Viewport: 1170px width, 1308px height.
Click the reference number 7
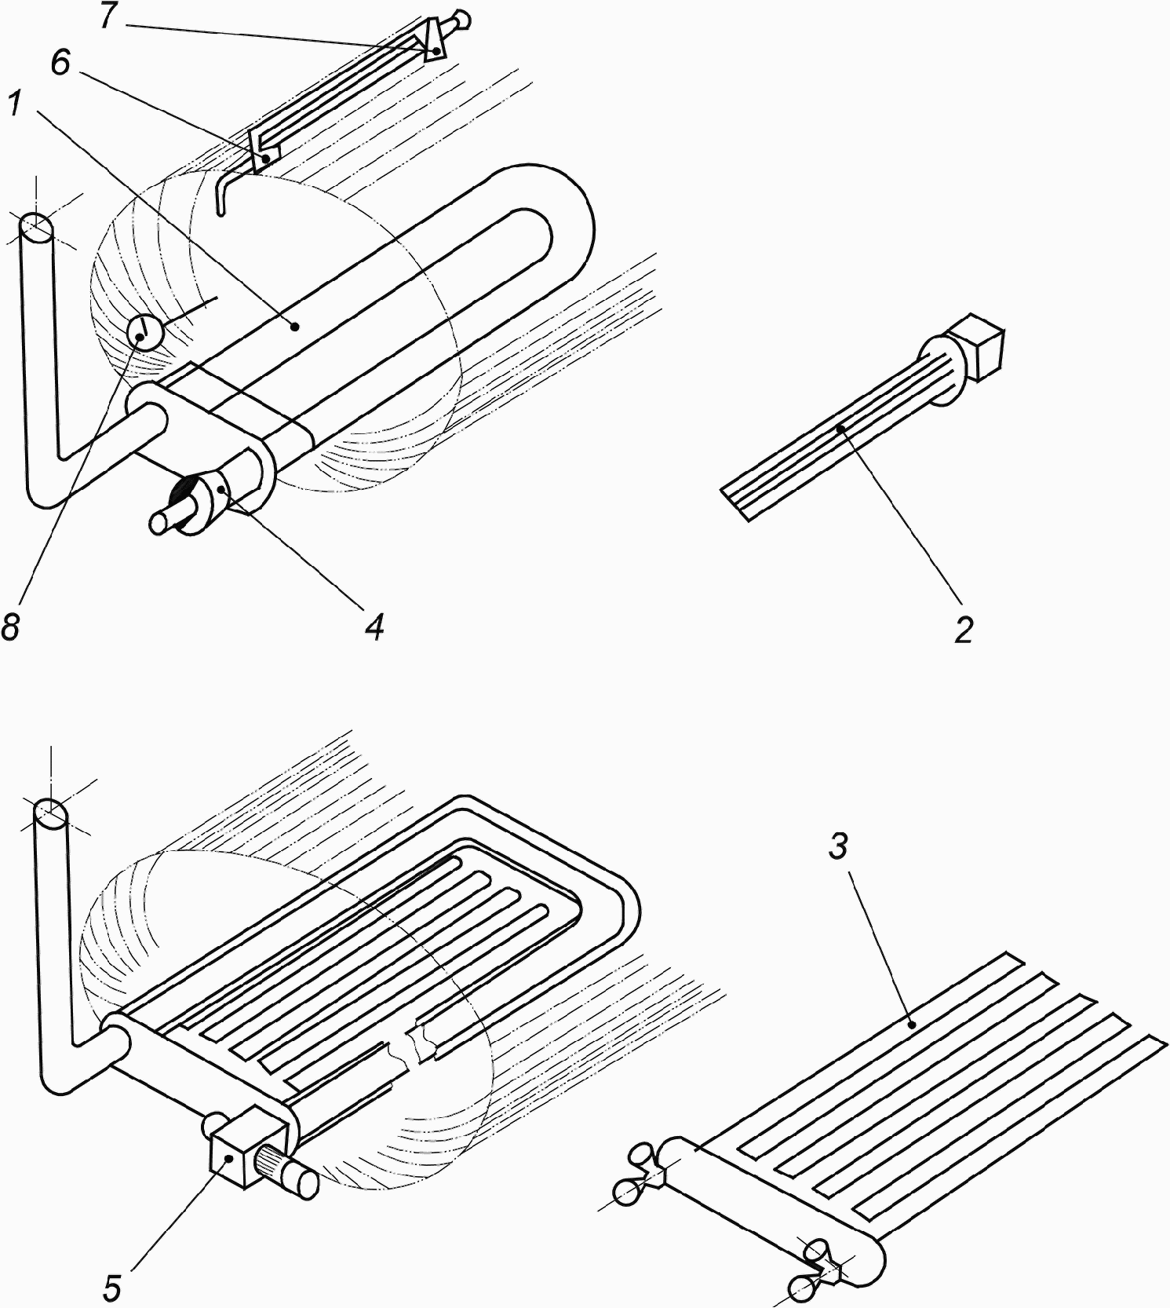tap(109, 17)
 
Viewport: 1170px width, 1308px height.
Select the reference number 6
tap(61, 63)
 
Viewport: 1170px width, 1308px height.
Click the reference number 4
tap(376, 627)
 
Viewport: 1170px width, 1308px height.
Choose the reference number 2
tap(964, 629)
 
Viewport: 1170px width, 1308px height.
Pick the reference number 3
tap(839, 846)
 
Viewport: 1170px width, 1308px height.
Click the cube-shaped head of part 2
tap(977, 346)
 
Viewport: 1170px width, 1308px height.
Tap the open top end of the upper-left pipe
tap(36, 228)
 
